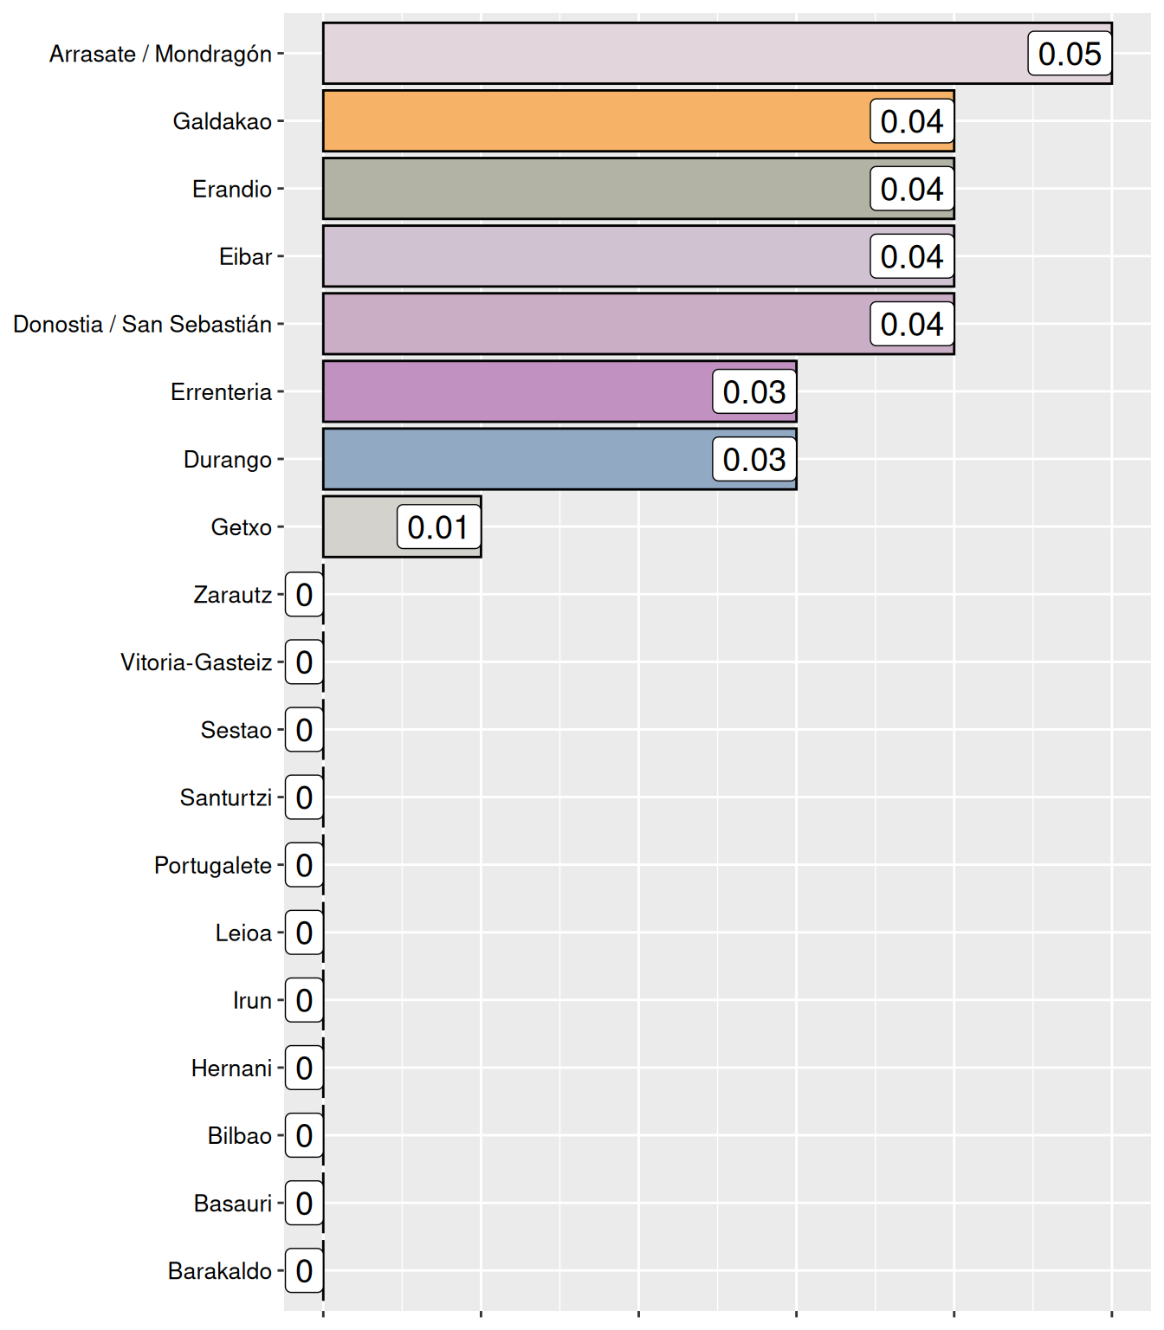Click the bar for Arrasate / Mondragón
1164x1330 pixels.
676,54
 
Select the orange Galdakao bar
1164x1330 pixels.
598,121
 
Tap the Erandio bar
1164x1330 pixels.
598,189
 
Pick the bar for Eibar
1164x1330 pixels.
598,256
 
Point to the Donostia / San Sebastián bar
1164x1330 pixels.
598,324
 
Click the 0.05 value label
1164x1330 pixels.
1070,54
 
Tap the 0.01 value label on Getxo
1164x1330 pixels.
438,526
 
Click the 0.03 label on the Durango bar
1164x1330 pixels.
754,459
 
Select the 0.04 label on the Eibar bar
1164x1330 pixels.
912,256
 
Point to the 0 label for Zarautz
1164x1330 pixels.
304,595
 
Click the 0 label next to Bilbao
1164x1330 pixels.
304,1135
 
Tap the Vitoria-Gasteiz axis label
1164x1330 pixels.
197,662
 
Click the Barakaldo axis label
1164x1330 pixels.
220,1270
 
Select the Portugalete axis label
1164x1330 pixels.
213,865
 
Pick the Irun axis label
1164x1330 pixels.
253,1000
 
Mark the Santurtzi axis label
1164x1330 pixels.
226,797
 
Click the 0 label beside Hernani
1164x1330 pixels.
304,1068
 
